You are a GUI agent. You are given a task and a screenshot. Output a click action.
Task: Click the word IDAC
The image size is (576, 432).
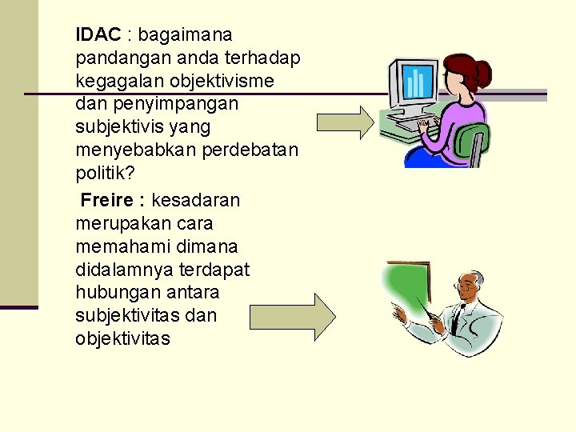[98, 34]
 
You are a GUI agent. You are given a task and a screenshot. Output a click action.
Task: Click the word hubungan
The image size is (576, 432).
[115, 292]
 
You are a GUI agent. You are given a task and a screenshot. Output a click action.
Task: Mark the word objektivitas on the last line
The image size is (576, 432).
[122, 338]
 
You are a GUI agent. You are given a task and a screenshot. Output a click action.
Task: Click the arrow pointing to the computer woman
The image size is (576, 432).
[346, 122]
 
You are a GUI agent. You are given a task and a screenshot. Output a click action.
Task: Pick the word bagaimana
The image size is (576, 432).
[186, 34]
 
